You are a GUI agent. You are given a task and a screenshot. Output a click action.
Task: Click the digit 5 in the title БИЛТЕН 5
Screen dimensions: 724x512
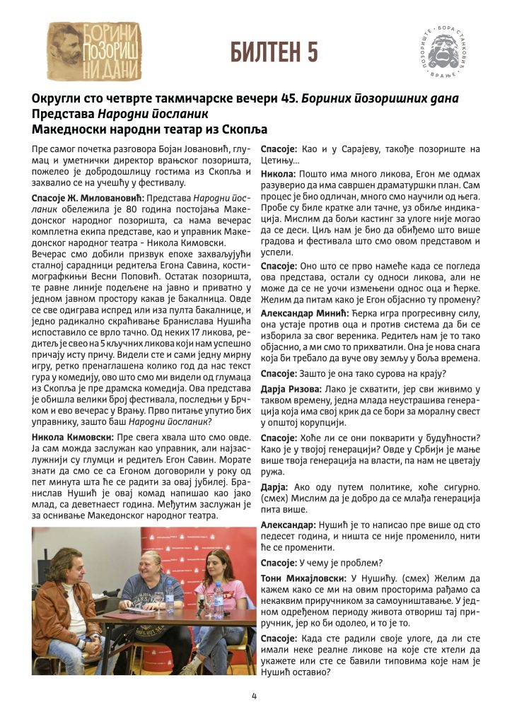(309, 52)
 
